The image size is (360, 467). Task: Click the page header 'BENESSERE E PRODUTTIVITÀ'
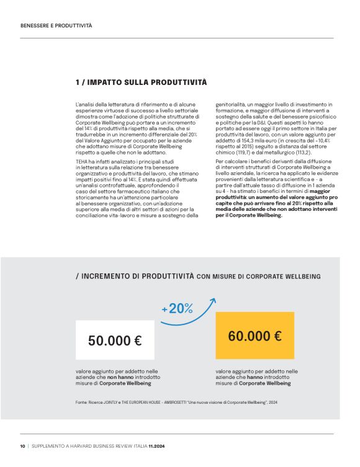click(x=56, y=26)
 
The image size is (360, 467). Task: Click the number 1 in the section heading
click(x=77, y=82)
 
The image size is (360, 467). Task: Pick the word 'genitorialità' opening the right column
click(x=230, y=105)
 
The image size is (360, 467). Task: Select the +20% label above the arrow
click(x=177, y=308)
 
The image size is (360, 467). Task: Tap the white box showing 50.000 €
click(x=115, y=340)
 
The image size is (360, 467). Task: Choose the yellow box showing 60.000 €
click(x=254, y=337)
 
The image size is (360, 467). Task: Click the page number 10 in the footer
click(x=23, y=447)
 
